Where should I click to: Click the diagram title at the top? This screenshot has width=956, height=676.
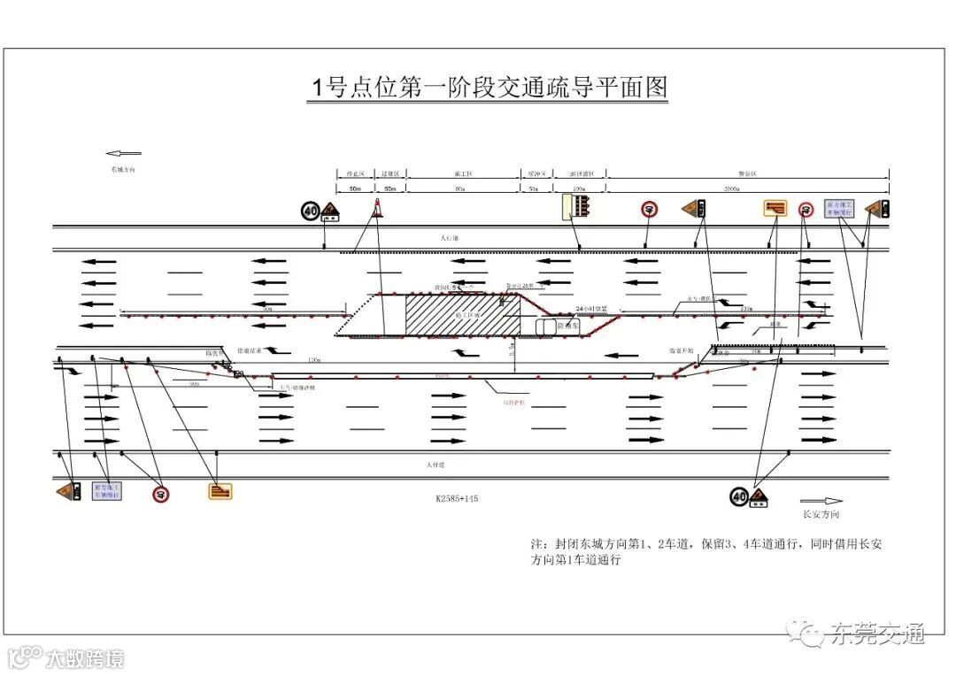(488, 88)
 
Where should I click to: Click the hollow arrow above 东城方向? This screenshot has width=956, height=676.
(123, 153)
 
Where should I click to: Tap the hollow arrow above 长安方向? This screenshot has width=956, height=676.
(820, 501)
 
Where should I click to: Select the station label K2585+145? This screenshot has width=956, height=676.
(456, 499)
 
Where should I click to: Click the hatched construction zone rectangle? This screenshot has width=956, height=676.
(461, 314)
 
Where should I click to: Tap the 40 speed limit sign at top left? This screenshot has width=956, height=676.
(309, 211)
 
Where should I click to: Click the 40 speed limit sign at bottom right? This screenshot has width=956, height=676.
(739, 497)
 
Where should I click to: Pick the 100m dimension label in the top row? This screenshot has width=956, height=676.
(580, 189)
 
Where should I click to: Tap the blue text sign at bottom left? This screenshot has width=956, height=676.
(107, 490)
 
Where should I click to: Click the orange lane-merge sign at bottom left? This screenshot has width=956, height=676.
(220, 490)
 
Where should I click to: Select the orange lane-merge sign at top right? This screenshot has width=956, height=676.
(775, 209)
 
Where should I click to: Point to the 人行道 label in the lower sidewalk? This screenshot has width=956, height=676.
(434, 464)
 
